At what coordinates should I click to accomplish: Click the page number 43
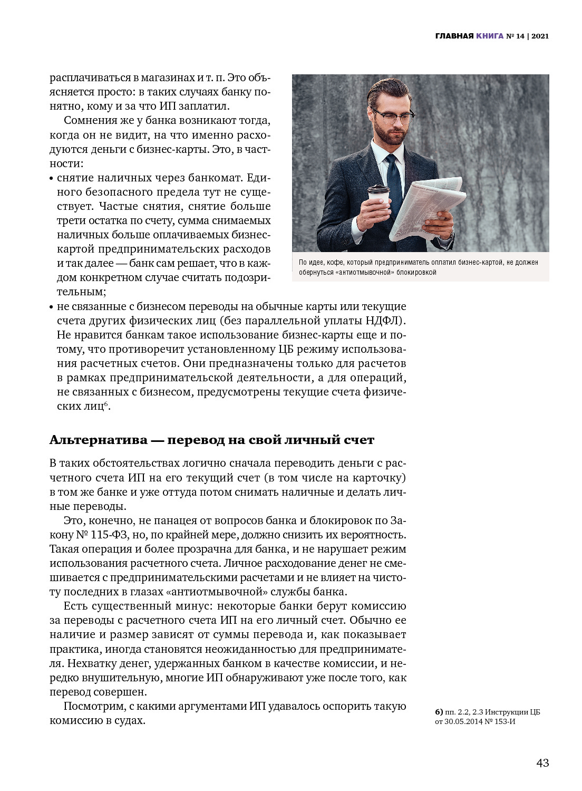coord(542,763)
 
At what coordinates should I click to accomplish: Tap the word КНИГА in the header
coord(490,36)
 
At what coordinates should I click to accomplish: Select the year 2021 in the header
coord(540,36)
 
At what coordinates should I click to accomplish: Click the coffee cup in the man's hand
coord(378,199)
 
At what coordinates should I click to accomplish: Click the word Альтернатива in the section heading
coord(98,440)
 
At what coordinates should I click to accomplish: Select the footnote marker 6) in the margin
coord(439,712)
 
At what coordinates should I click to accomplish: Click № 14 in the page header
coord(515,36)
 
